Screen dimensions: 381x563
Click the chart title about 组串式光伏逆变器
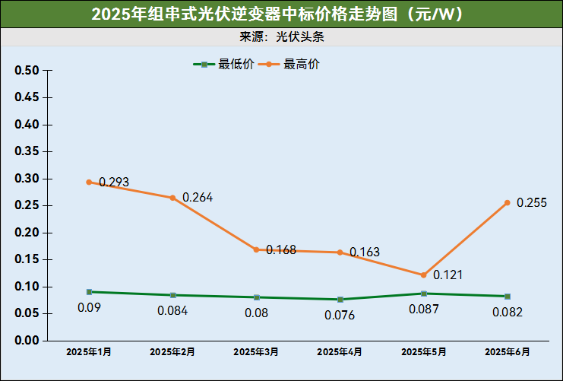[x=281, y=14]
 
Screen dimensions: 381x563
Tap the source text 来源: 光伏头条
[x=282, y=37]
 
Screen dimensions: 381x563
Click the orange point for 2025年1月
[x=89, y=183]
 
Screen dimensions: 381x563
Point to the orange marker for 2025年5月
[x=424, y=275]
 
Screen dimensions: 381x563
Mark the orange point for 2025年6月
[x=507, y=203]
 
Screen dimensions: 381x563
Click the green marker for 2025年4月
[x=340, y=300]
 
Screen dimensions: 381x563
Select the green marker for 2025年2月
[x=173, y=295]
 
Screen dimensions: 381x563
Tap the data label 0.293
[x=114, y=183]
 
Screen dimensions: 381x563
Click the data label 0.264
[x=198, y=198]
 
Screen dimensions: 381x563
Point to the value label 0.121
[x=448, y=275]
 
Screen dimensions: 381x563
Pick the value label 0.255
[x=532, y=203]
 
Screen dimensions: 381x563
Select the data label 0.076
[x=340, y=315]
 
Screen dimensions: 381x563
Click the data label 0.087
[x=424, y=310]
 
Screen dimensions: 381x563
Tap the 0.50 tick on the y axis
[x=27, y=71]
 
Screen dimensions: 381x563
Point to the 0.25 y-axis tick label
[x=27, y=206]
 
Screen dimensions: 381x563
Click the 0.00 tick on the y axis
[x=27, y=341]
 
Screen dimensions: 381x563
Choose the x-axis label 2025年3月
[x=256, y=352]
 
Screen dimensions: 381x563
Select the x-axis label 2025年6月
[x=507, y=352]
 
